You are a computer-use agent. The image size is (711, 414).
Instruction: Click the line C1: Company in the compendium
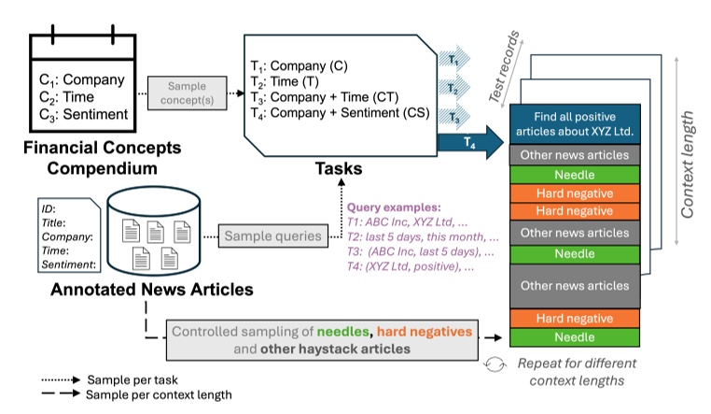pos(83,79)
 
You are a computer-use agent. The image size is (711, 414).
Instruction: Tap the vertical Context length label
pos(689,167)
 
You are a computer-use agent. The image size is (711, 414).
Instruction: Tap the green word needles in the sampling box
pos(342,332)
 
